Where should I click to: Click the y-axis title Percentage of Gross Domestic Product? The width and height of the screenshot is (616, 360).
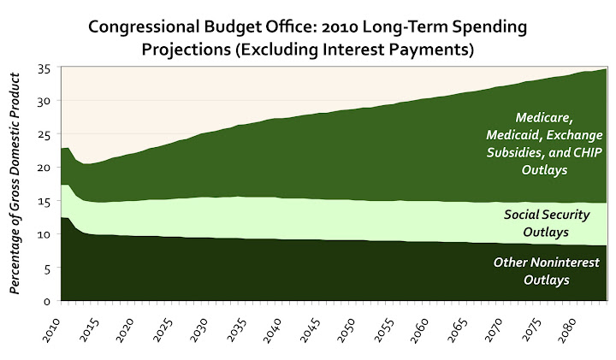pos(15,185)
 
